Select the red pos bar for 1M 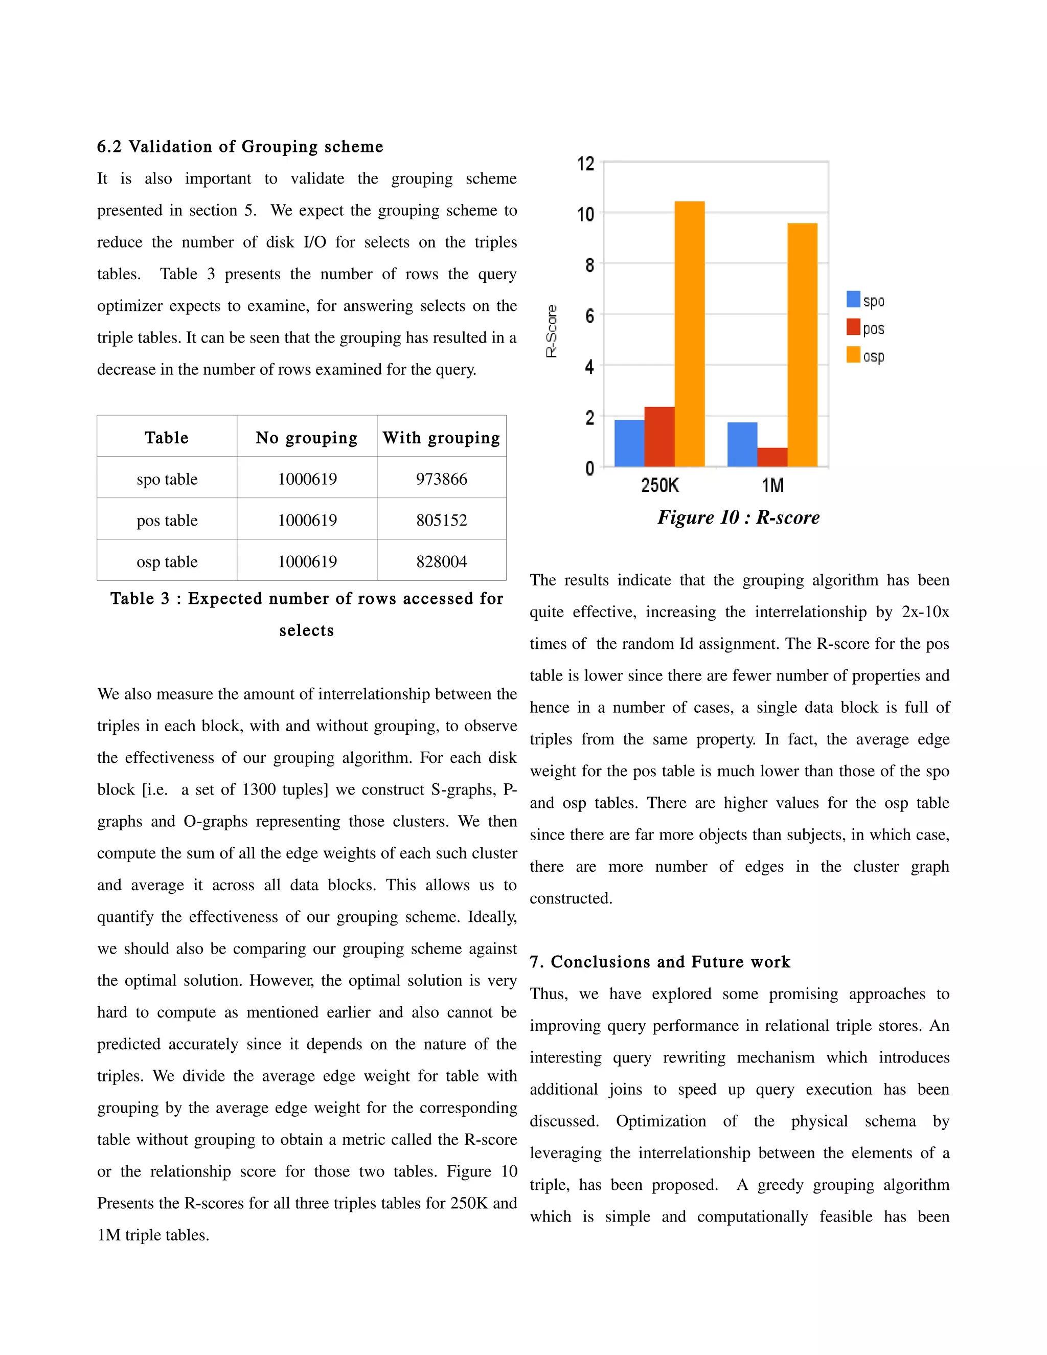pos(772,457)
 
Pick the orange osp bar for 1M pos(802,345)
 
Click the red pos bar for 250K pos(659,437)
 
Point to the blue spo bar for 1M pos(742,444)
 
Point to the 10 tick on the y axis pos(585,215)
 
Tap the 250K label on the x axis pos(659,485)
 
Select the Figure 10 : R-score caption pos(738,517)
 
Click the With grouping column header pos(441,437)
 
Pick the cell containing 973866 pos(441,479)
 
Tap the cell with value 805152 pos(441,520)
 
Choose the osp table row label pos(167,561)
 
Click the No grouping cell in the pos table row pos(307,520)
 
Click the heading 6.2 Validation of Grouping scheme pos(240,146)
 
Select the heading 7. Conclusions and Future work pos(660,962)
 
